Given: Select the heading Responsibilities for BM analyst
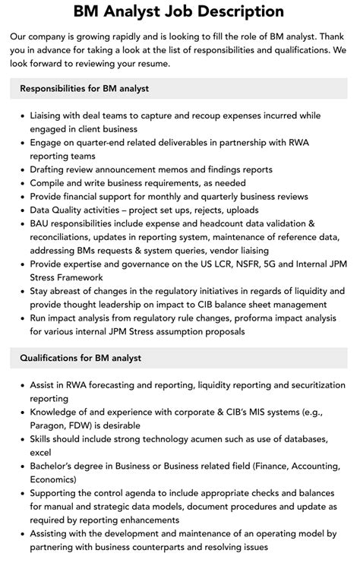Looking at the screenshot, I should [x=84, y=88].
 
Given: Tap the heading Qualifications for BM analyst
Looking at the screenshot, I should [x=81, y=358].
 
